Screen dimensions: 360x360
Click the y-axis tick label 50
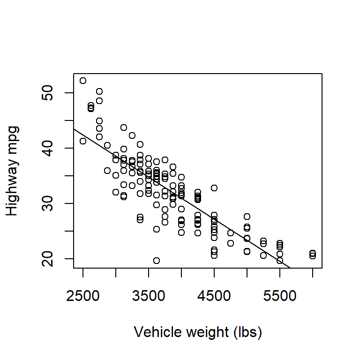click(47, 93)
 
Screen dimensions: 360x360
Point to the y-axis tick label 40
click(47, 148)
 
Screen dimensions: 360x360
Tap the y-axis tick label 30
click(47, 203)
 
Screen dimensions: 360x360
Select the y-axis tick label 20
click(47, 259)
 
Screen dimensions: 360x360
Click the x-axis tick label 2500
click(83, 296)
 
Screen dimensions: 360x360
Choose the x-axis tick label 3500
click(149, 296)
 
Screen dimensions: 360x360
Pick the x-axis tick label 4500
click(214, 296)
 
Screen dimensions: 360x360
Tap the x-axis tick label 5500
click(280, 296)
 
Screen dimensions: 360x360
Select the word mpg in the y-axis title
click(13, 140)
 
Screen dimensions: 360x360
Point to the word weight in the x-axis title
click(207, 333)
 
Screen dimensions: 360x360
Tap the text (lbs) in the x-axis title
click(247, 332)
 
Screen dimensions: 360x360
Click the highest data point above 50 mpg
click(83, 81)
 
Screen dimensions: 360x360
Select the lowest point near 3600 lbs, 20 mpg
click(157, 261)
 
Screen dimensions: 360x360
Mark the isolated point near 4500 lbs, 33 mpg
click(214, 188)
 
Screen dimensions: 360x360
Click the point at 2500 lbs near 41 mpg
click(83, 141)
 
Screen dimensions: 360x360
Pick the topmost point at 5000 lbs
click(247, 217)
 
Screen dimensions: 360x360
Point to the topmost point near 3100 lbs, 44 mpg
click(124, 127)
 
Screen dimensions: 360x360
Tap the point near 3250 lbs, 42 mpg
click(132, 135)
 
